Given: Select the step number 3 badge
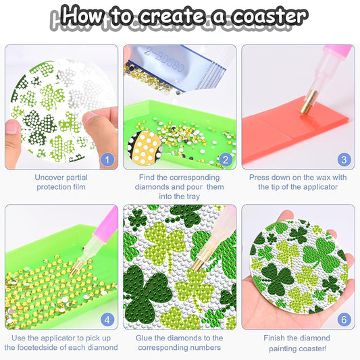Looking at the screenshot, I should (x=344, y=160).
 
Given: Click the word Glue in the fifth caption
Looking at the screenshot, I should (x=147, y=338).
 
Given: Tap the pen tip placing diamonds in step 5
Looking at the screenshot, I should (x=195, y=267).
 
